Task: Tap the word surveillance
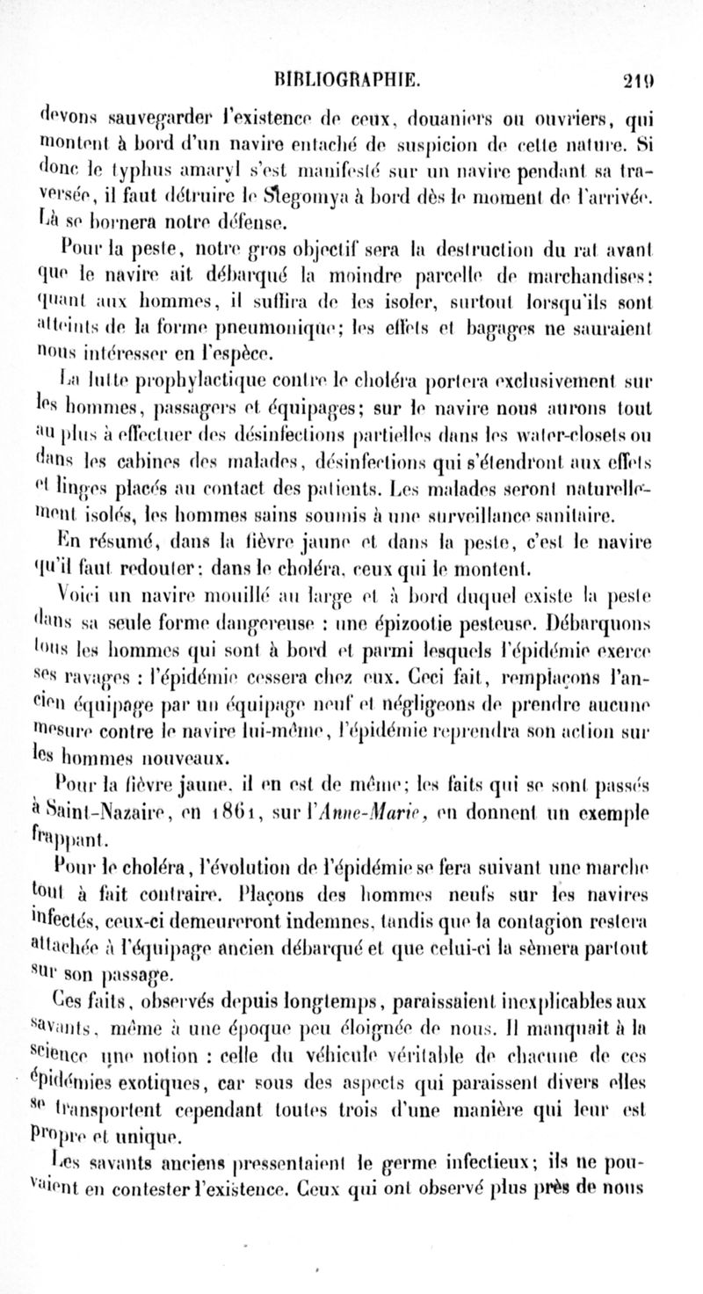click(488, 509)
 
